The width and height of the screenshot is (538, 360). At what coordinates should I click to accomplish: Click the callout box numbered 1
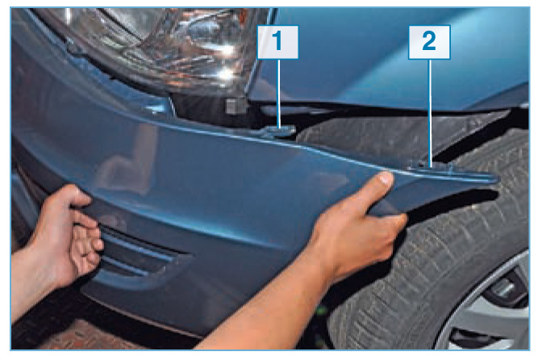point(277,42)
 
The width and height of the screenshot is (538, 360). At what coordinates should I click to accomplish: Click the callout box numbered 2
point(429,42)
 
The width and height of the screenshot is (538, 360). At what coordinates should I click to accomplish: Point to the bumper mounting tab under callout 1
point(278,132)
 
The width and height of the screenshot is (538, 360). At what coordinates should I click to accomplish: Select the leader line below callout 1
point(278,94)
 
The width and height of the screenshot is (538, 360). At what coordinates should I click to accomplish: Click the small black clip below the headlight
point(235,106)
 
